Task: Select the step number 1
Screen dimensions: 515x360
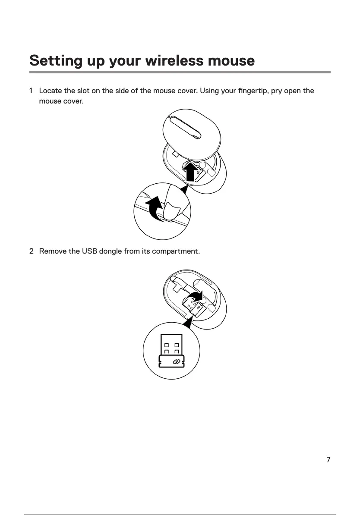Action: coord(31,91)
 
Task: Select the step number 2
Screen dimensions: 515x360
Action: coord(31,251)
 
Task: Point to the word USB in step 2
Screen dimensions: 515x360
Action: coord(89,251)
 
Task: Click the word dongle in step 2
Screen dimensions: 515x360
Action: coord(110,251)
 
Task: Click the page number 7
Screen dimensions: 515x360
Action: coord(328,460)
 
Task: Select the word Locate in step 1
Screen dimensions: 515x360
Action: coord(51,91)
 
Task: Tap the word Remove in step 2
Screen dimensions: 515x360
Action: coord(53,251)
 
